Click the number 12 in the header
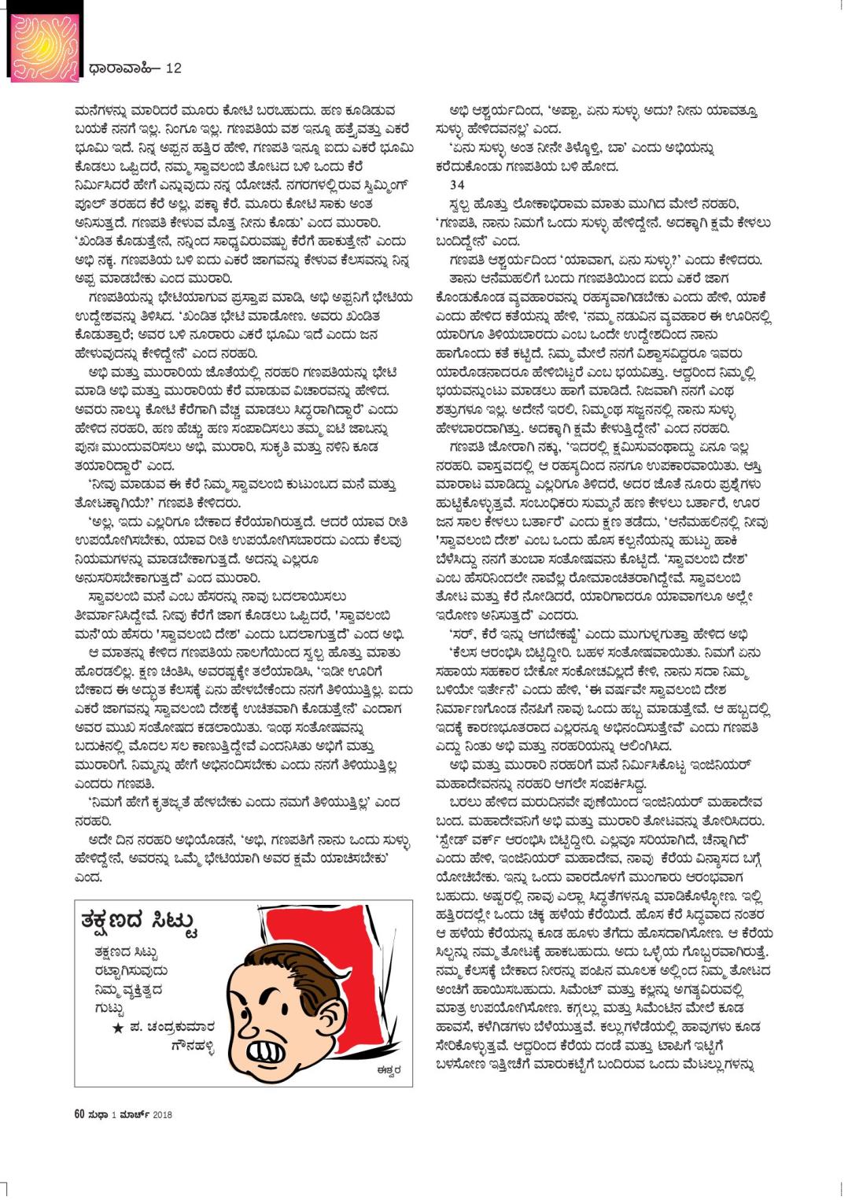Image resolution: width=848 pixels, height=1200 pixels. click(x=173, y=68)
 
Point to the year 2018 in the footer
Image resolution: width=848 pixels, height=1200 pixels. click(x=163, y=1114)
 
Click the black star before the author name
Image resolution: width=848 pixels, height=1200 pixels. click(x=116, y=1027)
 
